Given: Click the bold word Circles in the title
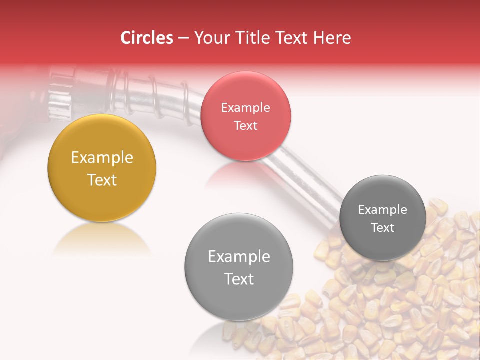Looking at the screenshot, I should click(x=147, y=38).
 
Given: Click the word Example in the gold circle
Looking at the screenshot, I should click(x=102, y=158).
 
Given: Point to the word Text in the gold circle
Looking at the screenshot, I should click(x=102, y=180).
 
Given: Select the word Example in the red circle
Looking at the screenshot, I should click(x=245, y=108).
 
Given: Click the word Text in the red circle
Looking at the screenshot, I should click(x=245, y=125).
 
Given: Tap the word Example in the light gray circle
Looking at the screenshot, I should click(x=239, y=257).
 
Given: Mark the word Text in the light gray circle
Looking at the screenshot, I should click(x=239, y=279).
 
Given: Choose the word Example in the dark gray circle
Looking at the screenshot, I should click(x=382, y=210).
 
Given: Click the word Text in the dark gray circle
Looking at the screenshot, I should click(x=382, y=227).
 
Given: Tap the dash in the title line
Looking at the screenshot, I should click(x=183, y=38).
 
